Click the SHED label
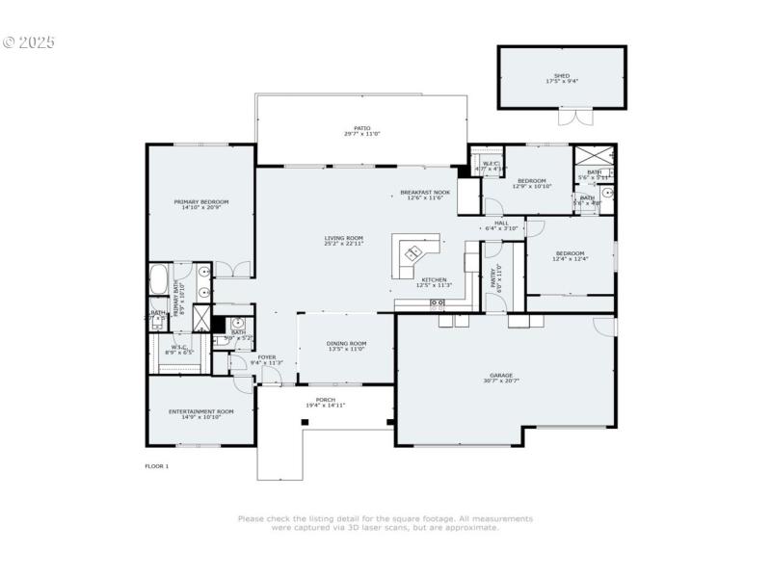point(562,75)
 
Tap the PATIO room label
point(361,128)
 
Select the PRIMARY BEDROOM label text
point(200,202)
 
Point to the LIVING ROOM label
point(343,238)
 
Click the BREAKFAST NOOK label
point(425,193)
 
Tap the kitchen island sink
point(412,254)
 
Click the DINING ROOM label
point(347,344)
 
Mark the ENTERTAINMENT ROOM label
point(200,411)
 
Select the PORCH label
point(326,399)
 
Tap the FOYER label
point(266,357)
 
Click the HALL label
point(502,223)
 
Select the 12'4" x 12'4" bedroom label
point(569,253)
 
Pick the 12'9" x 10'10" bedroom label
point(531,181)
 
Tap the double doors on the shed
point(574,118)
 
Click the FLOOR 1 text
point(156,466)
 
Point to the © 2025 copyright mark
point(29,42)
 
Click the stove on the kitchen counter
point(437,303)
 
